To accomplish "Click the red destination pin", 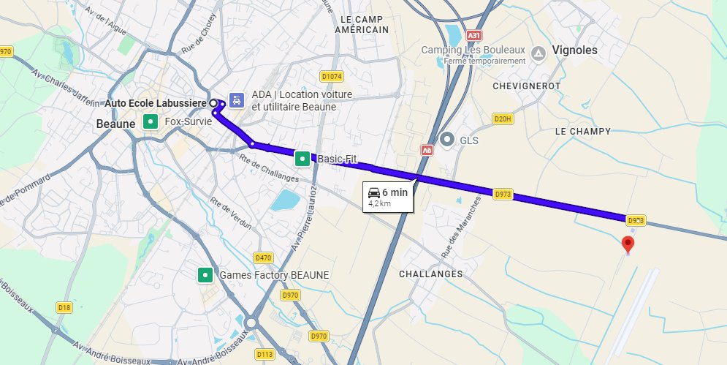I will coord(627,244).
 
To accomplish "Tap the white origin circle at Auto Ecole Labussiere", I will coord(214,104).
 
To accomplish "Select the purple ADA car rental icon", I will coord(237,100).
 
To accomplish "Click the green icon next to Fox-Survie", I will coord(150,121).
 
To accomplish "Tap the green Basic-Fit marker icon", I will coord(301,157).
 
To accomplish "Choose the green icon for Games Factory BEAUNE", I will coord(205,275).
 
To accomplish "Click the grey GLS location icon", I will coord(448,139).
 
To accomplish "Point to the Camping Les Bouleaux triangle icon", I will coord(538,53).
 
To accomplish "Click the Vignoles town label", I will coord(575,50).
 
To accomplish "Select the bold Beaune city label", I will coord(115,124).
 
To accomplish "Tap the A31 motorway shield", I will coord(474,35).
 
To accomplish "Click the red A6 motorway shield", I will coord(427,149).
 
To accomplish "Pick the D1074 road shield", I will coord(332,76).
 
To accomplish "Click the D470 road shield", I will coord(263,257).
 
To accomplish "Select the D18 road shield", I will coord(64,307).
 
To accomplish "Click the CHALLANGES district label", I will coord(430,274).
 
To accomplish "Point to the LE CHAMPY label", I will coord(582,131).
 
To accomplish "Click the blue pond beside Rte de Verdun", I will coord(285,199).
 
